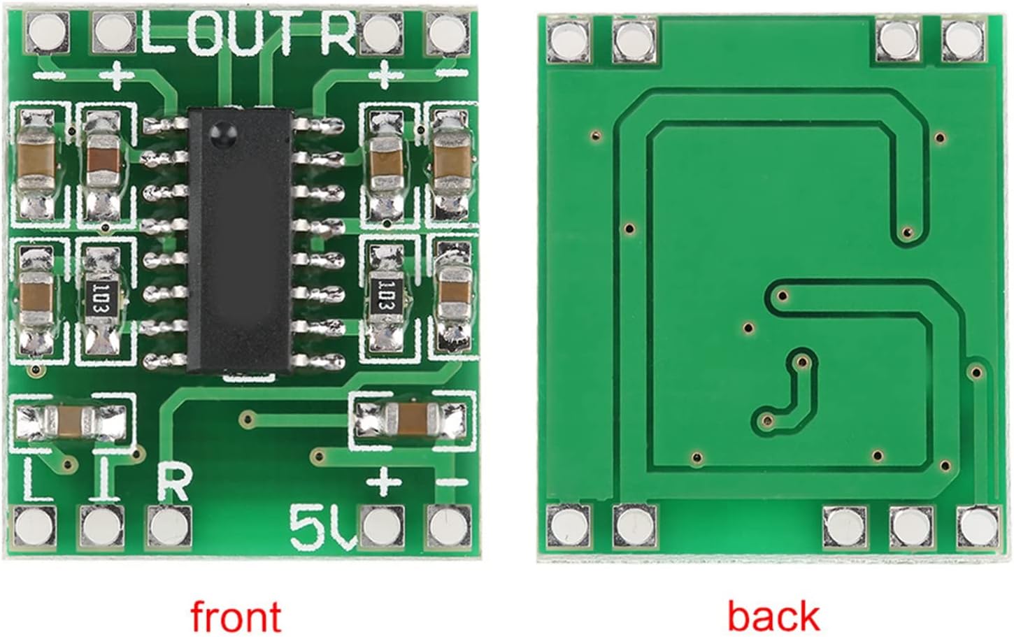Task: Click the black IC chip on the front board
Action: click(x=240, y=240)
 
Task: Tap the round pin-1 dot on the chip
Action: click(x=223, y=133)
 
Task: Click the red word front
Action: click(x=236, y=616)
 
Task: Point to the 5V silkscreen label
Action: click(x=323, y=527)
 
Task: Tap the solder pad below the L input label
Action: click(x=34, y=527)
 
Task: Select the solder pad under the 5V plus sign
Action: click(x=382, y=527)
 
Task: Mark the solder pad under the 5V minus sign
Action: click(x=448, y=527)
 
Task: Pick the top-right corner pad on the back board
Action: click(x=964, y=39)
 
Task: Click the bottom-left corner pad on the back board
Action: click(x=568, y=527)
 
